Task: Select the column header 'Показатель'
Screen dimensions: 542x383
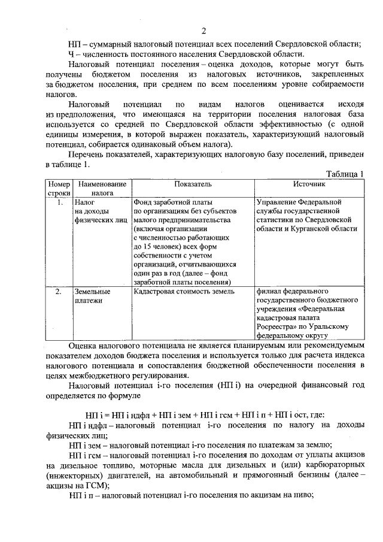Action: click(193, 184)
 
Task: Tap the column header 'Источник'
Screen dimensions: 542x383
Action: click(309, 184)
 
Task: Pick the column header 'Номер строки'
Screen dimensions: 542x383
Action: click(59, 189)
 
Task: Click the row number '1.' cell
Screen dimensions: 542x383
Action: click(59, 202)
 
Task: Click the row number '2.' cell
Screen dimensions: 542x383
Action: click(59, 292)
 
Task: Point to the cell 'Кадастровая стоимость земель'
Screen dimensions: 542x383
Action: click(184, 292)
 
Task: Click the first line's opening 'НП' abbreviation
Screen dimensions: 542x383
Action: click(74, 43)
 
